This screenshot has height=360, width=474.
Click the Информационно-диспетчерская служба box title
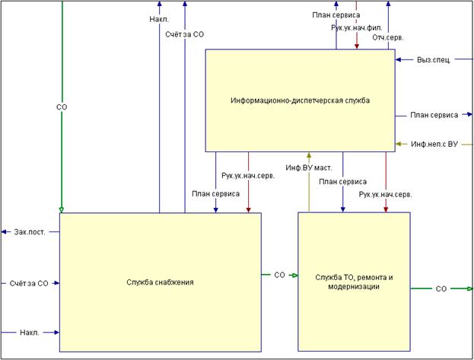pos(300,100)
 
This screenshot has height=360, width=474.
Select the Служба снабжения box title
pos(160,282)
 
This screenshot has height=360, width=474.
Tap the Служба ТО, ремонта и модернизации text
pos(354,282)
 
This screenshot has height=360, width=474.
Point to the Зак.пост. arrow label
pos(30,232)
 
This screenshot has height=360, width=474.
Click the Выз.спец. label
pos(434,59)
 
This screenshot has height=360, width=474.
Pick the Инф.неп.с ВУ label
pos(434,144)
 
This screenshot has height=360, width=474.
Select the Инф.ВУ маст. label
pos(309,167)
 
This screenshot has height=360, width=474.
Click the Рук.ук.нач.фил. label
pos(357,28)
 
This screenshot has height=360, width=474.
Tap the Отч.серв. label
pos(388,38)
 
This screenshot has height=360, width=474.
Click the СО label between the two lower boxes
pos(280,275)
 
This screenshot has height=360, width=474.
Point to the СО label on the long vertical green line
pos(62,107)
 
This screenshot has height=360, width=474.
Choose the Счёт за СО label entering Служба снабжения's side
pos(29,283)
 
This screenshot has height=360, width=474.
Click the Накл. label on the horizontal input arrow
pos(30,333)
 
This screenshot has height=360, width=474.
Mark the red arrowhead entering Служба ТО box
pos(386,209)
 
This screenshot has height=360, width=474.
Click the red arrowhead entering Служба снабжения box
pos(249,209)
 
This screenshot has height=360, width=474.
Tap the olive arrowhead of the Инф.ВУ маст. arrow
pos(309,155)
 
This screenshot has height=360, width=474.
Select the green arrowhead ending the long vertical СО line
pos(62,210)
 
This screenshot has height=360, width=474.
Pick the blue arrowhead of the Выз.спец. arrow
pos(399,59)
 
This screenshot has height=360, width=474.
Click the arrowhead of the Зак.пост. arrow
pos(4,232)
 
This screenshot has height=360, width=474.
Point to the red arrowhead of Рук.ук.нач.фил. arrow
pos(357,46)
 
